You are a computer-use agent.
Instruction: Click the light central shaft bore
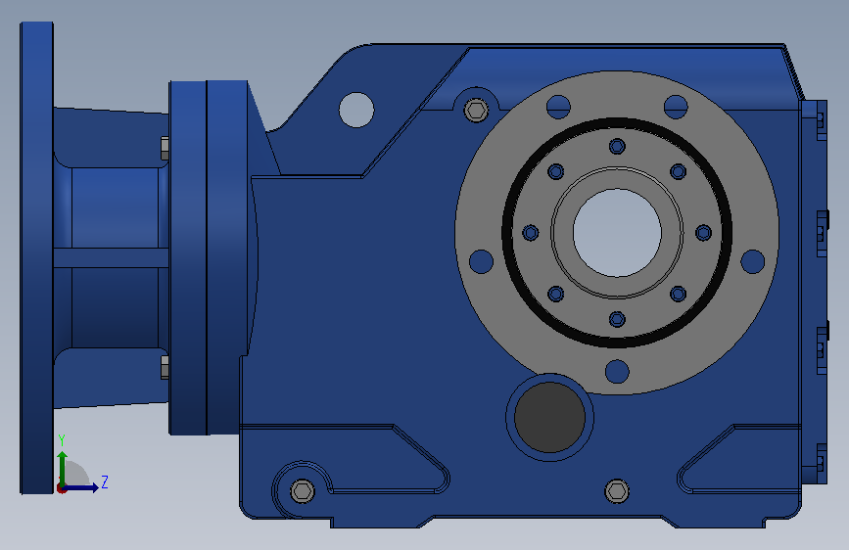617,233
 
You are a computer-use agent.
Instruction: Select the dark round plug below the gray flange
549,417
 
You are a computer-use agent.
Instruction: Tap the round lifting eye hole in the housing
356,110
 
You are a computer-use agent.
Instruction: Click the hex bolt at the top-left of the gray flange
477,111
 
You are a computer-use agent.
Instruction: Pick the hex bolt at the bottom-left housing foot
303,491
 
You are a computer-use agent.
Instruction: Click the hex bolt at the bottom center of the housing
617,491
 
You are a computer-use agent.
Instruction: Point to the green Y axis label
62,440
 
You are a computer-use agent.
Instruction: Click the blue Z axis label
105,481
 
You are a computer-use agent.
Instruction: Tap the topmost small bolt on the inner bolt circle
617,146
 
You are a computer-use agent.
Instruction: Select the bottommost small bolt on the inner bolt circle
617,319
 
